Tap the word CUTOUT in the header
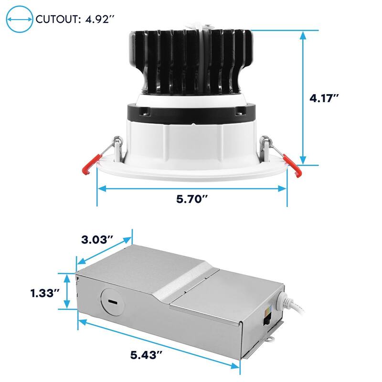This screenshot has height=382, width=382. pos(57,19)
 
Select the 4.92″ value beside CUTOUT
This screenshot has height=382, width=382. pos(98,19)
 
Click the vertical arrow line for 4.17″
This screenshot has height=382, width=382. pos(303,98)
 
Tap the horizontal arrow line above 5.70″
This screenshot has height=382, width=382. pos(191,189)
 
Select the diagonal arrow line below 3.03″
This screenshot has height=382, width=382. pos(104,249)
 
